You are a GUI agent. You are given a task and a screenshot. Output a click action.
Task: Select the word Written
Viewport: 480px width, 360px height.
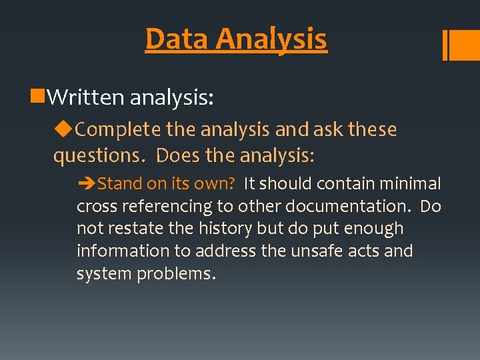click(x=86, y=98)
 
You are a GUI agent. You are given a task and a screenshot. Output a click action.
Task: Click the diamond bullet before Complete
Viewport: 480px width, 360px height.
click(x=65, y=129)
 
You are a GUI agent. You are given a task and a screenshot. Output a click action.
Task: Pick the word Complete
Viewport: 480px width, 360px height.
click(x=118, y=130)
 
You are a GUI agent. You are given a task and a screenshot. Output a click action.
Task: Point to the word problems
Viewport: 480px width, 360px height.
click(x=176, y=274)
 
